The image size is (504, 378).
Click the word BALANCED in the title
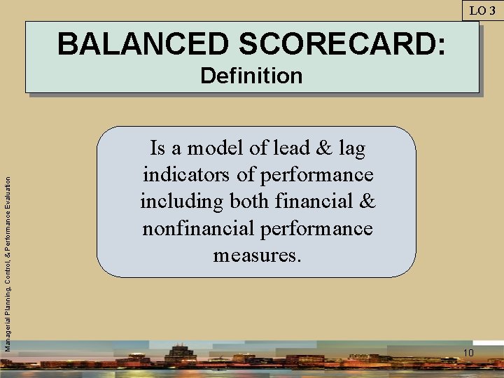coord(143,44)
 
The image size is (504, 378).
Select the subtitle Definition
coord(251,76)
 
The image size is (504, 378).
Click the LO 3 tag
coord(482,10)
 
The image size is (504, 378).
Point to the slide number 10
coord(468,352)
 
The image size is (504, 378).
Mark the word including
coord(181,202)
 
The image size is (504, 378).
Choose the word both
coord(249,202)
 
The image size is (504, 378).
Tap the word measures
coord(257,255)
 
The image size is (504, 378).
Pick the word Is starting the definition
coord(157,148)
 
